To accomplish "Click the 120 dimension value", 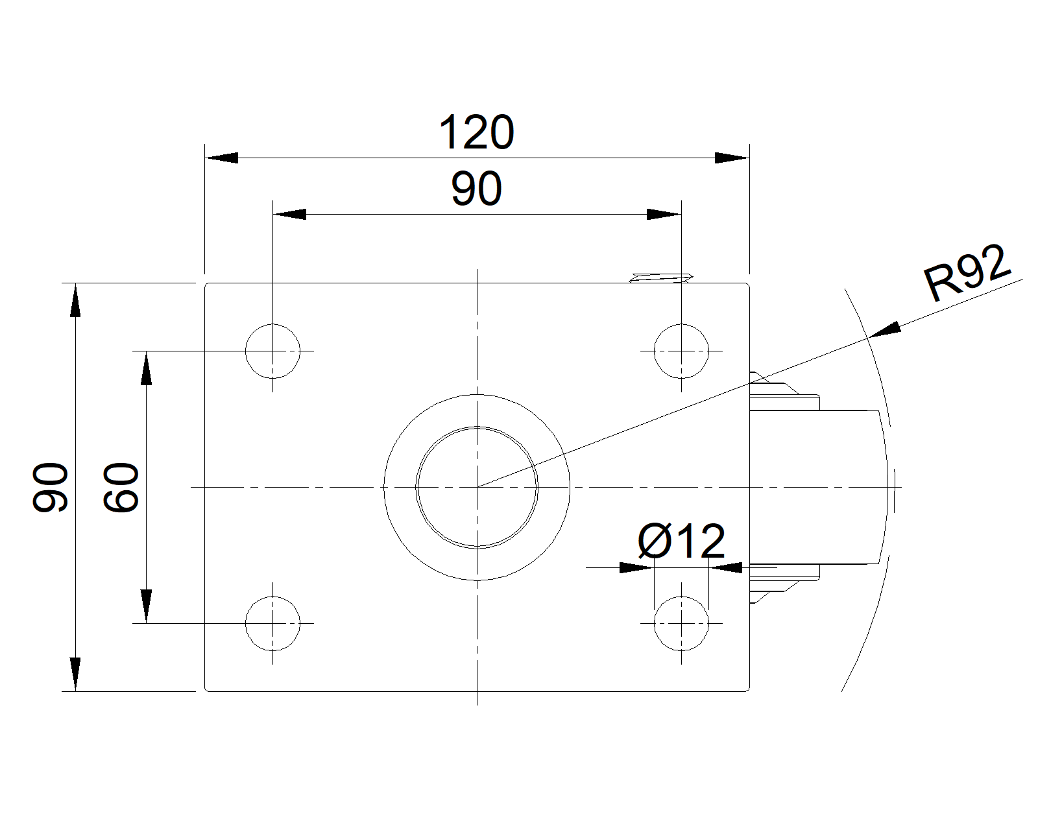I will (x=476, y=133).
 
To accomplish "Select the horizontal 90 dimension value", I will (x=476, y=189).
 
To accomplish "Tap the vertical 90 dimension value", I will (x=51, y=487).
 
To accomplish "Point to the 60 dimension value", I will (x=123, y=487).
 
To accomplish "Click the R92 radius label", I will (x=967, y=274).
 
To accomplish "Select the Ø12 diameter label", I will (x=681, y=541).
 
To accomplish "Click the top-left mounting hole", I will (x=273, y=351).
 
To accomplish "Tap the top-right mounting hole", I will (x=681, y=351).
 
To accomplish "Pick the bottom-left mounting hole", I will (x=273, y=623).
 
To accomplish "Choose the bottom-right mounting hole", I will (x=681, y=623).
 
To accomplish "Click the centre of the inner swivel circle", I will (x=477, y=486).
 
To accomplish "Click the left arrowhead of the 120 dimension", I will (x=222, y=158).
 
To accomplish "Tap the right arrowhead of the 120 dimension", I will (x=732, y=158).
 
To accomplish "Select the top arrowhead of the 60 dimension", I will (x=147, y=368).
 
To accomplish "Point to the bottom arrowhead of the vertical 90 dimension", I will (x=75, y=674).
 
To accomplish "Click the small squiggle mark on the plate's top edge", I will (x=661, y=278).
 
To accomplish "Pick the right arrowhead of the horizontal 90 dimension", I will (x=664, y=214).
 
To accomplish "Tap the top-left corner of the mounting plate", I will (x=206, y=283).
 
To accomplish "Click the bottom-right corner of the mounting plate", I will (x=749, y=691).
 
